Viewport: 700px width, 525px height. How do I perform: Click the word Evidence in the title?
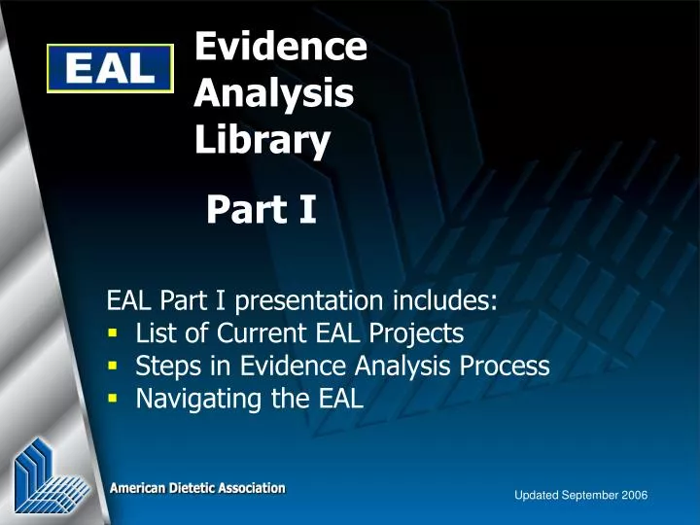tap(280, 46)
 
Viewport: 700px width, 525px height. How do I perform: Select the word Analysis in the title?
tap(273, 93)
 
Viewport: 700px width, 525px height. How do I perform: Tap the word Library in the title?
tap(262, 142)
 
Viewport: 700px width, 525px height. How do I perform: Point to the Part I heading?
tap(261, 208)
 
